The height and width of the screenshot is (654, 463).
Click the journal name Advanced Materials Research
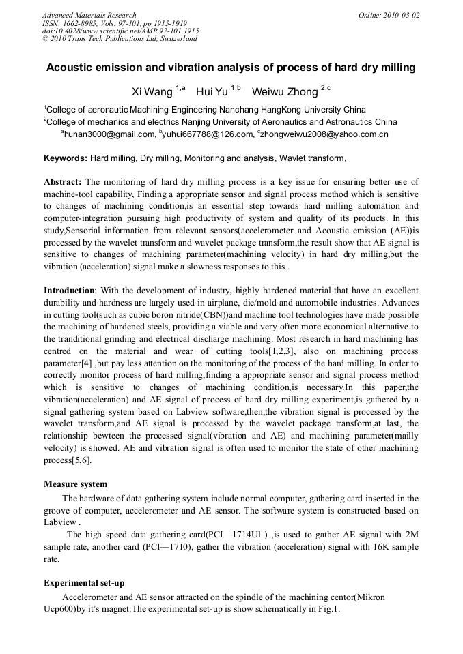point(89,15)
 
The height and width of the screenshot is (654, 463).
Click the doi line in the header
point(120,31)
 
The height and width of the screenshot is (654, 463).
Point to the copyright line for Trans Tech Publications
point(120,39)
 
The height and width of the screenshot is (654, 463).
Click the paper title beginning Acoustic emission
point(231,68)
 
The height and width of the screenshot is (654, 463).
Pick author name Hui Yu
point(212,92)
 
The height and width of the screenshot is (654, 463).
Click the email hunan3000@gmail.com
point(110,134)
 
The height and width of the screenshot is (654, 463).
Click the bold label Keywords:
point(66,158)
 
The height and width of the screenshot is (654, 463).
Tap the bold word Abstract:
point(63,182)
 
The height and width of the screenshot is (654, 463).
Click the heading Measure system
point(75,484)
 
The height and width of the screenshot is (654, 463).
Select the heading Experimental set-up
point(84,583)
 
